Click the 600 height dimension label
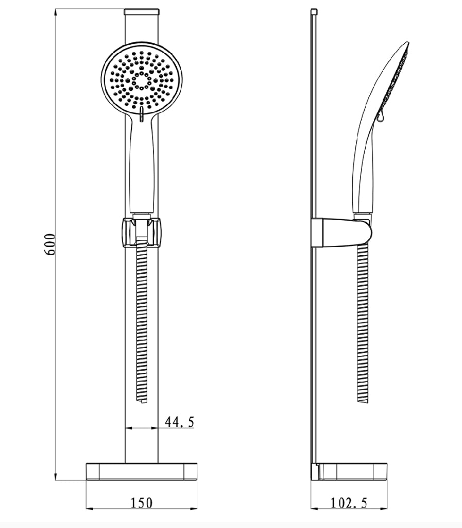click(x=50, y=244)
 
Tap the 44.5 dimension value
click(x=180, y=422)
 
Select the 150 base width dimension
click(x=141, y=503)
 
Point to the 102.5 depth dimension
click(x=349, y=503)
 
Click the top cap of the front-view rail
click(x=141, y=12)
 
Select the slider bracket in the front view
click(x=142, y=233)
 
